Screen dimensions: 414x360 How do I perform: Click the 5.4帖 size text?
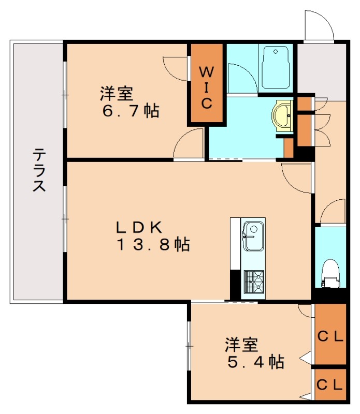[x=256, y=362]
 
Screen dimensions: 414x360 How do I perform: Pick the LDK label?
[x=139, y=226]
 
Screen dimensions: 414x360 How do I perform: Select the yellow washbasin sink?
[x=283, y=114]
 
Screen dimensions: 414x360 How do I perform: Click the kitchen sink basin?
[x=254, y=235]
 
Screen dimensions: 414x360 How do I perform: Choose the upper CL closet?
[x=330, y=335]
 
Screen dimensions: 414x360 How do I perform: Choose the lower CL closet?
[x=330, y=384]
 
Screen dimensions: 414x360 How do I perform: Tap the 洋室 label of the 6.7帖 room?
[x=117, y=94]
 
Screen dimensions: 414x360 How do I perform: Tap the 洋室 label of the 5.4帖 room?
[x=241, y=344]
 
